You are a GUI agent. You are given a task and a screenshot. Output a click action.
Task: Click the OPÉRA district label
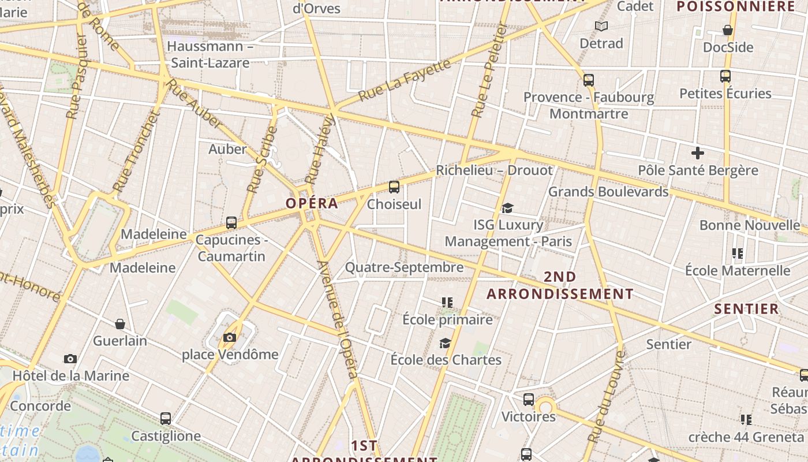pos(312,203)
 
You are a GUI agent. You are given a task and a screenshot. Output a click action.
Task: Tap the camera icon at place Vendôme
pos(230,337)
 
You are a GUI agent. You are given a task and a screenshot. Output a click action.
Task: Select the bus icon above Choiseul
pos(394,187)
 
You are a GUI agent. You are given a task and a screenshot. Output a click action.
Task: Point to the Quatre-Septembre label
pos(404,267)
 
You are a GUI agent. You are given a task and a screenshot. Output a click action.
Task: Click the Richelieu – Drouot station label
pos(494,170)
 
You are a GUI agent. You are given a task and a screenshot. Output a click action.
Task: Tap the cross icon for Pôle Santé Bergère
pos(698,153)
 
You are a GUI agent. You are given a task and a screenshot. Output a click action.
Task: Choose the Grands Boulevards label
pos(608,191)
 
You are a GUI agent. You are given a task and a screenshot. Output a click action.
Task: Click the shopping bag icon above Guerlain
pos(120,324)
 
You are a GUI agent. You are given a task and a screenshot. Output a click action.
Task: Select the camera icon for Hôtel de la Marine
pos(70,359)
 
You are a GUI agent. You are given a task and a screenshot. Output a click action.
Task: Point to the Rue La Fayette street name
pos(404,80)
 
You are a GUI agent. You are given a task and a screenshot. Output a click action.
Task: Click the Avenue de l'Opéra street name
pos(338,320)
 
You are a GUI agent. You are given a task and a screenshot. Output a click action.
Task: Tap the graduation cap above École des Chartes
pos(445,343)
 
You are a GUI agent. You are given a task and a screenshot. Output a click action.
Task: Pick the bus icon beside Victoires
pos(528,400)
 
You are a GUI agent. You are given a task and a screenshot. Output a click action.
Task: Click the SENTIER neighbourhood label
pos(747,308)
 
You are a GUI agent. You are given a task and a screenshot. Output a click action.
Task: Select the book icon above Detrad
pos(601,26)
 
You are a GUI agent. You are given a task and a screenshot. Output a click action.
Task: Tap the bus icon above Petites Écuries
pos(725,76)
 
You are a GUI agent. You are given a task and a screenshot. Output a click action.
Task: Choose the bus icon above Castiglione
pos(166,419)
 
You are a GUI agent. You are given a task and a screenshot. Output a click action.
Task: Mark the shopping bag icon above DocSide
pos(728,30)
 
